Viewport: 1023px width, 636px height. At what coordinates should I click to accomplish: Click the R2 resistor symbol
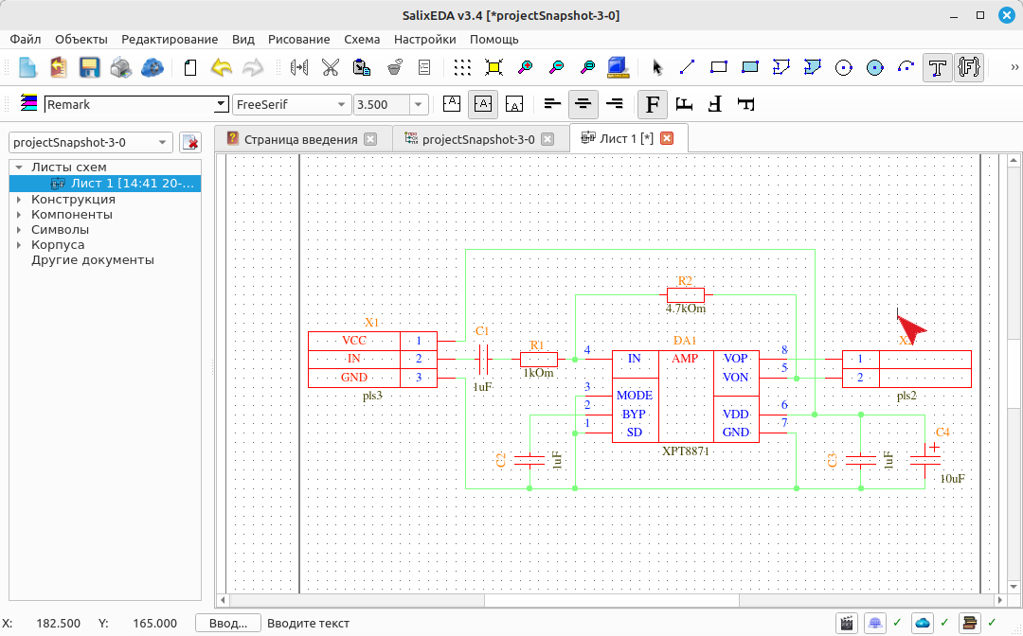686,294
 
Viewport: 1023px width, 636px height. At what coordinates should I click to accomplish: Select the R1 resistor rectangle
539,359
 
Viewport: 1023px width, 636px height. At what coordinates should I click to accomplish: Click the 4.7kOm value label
686,309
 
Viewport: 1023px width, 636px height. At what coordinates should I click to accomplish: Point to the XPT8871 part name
685,450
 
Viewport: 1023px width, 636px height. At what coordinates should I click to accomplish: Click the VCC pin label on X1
354,341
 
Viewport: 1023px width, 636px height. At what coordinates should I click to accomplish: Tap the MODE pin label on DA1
634,396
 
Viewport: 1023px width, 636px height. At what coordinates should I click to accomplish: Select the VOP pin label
735,359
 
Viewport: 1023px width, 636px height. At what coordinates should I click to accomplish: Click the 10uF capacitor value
953,478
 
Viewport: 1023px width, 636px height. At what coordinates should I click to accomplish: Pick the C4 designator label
942,432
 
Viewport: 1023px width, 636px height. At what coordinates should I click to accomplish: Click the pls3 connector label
372,396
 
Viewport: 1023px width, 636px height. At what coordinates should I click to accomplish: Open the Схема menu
362,39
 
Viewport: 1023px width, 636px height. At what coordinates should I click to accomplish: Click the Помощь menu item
494,39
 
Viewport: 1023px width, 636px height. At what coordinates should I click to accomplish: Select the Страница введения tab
301,139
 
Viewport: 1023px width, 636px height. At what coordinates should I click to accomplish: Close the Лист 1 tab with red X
667,138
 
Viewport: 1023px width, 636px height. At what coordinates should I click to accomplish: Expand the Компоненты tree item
19,215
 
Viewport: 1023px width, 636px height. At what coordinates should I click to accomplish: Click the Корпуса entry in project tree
58,245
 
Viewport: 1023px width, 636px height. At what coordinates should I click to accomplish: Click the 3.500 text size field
382,104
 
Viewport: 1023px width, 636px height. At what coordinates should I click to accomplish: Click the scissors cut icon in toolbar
331,67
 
